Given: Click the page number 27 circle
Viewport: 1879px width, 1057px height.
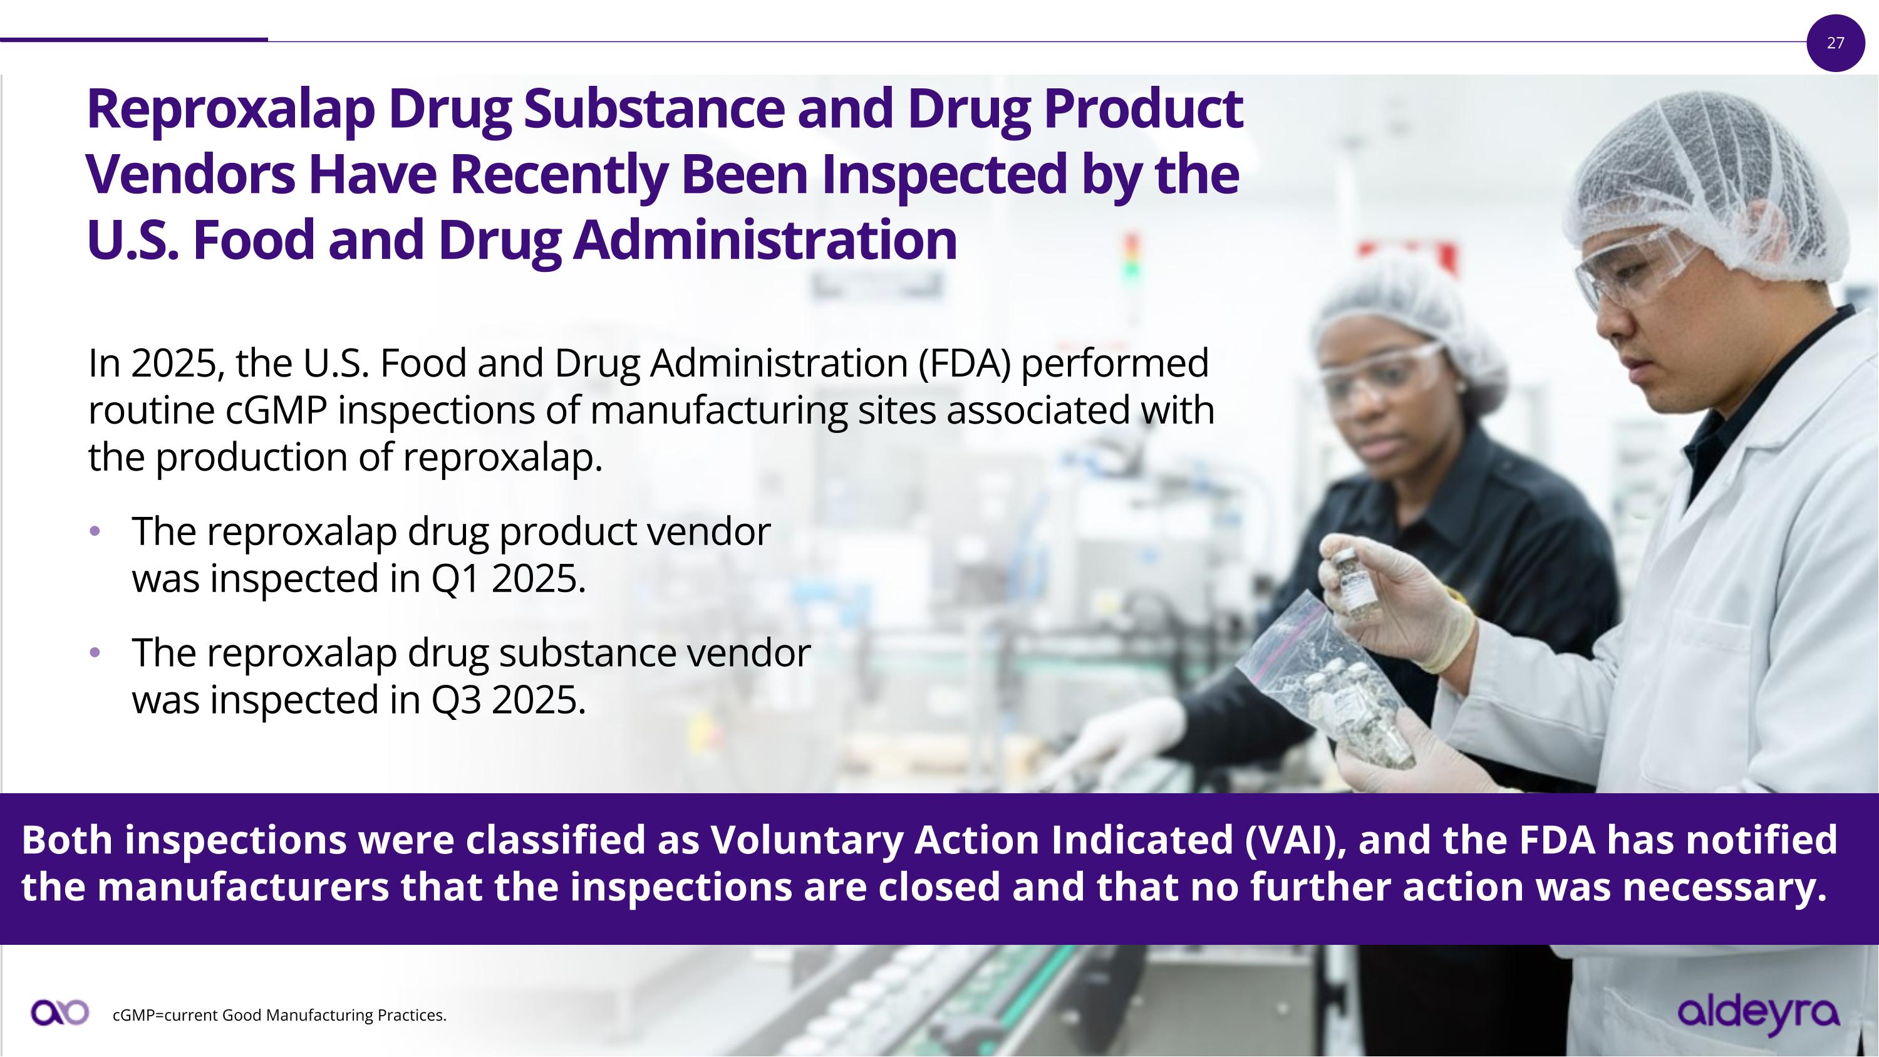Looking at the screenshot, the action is pyautogui.click(x=1835, y=43).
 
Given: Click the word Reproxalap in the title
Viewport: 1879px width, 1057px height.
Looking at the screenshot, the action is pyautogui.click(x=230, y=110).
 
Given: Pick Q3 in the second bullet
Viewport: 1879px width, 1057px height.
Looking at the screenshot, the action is pyautogui.click(x=456, y=700).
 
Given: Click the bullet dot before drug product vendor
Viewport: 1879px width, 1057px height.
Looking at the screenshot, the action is pyautogui.click(x=94, y=531).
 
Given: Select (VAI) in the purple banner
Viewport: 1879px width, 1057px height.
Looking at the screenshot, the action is pyautogui.click(x=1294, y=840).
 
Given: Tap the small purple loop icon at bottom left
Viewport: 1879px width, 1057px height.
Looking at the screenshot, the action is pyautogui.click(x=60, y=1013).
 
